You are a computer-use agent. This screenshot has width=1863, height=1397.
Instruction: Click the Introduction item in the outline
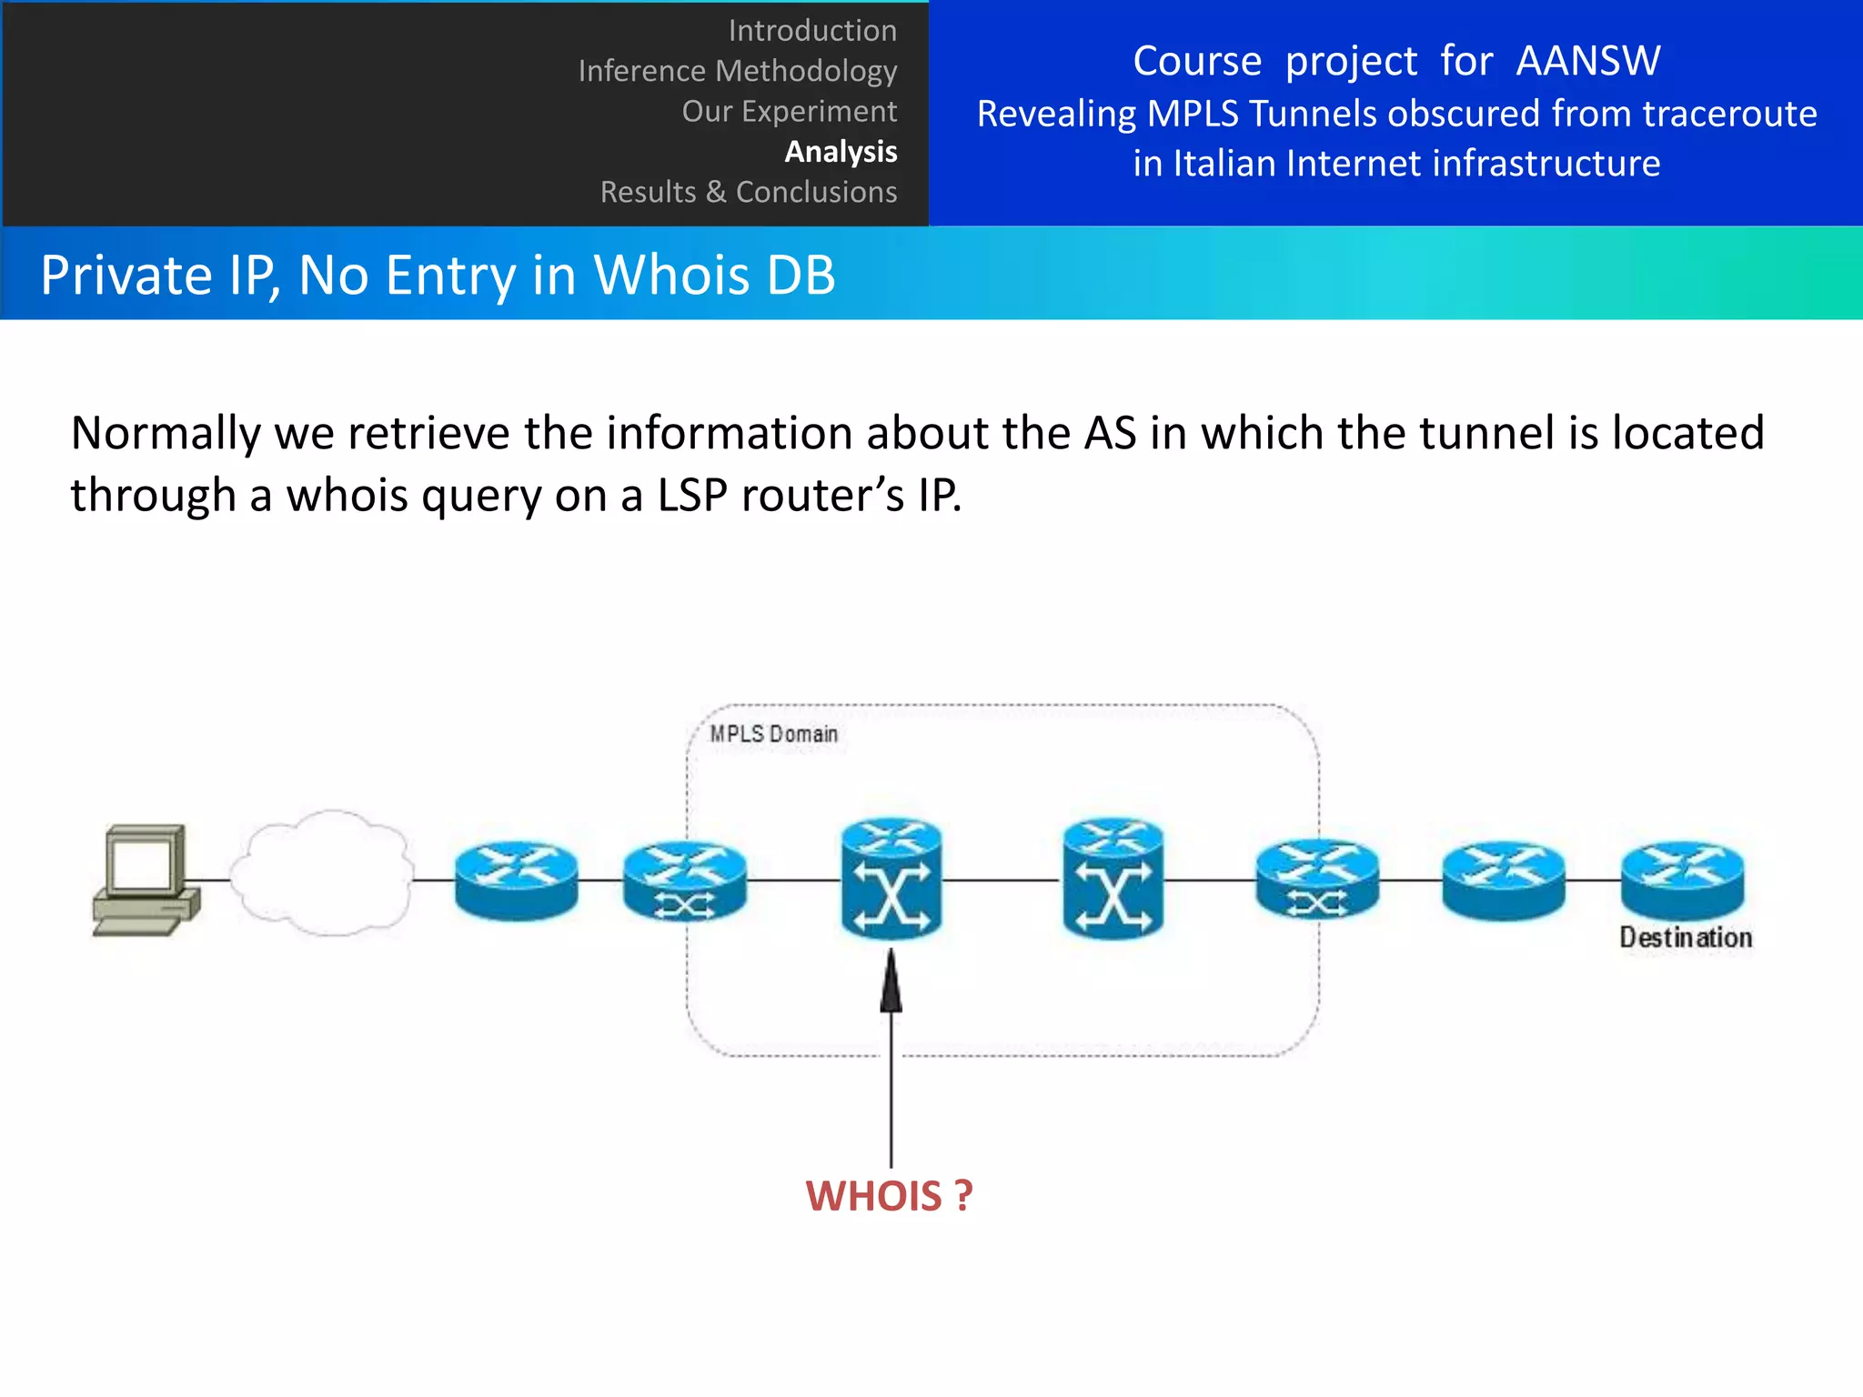[812, 31]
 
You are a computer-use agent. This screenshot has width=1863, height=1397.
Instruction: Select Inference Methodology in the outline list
[737, 71]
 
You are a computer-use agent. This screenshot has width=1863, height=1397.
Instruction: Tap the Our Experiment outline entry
[789, 111]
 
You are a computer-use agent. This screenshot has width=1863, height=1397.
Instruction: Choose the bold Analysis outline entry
[841, 151]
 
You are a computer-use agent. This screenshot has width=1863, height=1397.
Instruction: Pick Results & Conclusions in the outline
[748, 192]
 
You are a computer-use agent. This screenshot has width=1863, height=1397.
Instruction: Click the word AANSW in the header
[1587, 61]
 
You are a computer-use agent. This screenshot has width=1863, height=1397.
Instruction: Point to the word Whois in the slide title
[673, 275]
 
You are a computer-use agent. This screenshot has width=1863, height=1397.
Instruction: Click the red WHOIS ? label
[889, 1195]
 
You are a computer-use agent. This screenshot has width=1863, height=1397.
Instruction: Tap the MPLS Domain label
[773, 734]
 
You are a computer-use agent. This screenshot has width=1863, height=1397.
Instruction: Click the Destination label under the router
[1685, 938]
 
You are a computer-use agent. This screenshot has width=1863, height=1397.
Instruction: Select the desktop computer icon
[146, 879]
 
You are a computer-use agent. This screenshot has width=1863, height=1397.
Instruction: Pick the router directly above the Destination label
[1683, 879]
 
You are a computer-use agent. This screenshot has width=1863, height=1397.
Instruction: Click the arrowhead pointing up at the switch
[891, 983]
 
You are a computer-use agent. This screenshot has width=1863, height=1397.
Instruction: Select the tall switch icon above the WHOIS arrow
[891, 879]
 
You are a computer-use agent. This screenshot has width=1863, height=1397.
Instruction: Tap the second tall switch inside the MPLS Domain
[1113, 879]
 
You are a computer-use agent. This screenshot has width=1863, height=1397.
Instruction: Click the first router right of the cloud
[516, 879]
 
